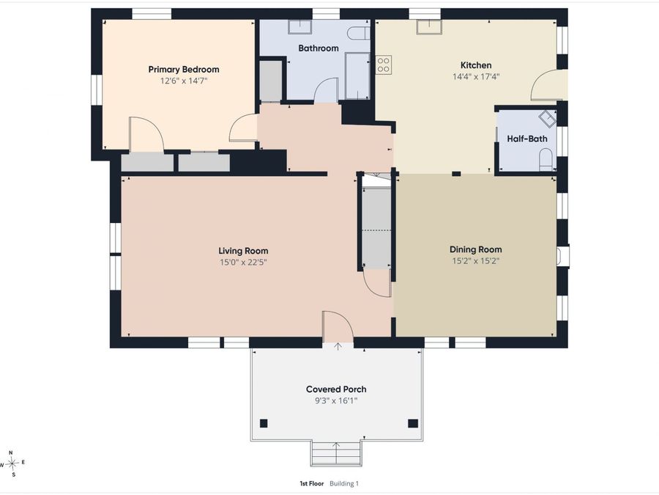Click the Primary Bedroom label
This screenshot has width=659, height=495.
(x=184, y=70)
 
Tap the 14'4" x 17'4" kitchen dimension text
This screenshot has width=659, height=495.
(x=476, y=76)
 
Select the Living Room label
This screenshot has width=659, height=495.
(x=243, y=251)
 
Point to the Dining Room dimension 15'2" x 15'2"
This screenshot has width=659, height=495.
(x=475, y=261)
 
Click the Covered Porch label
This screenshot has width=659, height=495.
(x=336, y=389)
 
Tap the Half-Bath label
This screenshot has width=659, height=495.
(x=527, y=139)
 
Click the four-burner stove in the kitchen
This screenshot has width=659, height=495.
(x=383, y=65)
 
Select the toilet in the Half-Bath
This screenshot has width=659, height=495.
(x=546, y=161)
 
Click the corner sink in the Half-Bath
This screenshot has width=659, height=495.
(x=548, y=118)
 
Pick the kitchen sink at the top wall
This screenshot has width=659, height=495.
(x=429, y=27)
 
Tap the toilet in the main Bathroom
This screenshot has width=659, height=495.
(x=359, y=34)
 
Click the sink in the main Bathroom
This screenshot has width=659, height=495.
(x=299, y=26)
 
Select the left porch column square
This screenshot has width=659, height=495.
(x=264, y=423)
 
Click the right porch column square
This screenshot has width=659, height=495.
(x=413, y=423)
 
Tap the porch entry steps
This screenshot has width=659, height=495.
(x=336, y=453)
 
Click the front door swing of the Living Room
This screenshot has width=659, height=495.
(x=338, y=327)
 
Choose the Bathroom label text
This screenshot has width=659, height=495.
(x=319, y=48)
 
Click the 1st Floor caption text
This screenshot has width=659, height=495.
(x=311, y=484)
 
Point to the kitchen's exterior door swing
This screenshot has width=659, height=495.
(x=544, y=85)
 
